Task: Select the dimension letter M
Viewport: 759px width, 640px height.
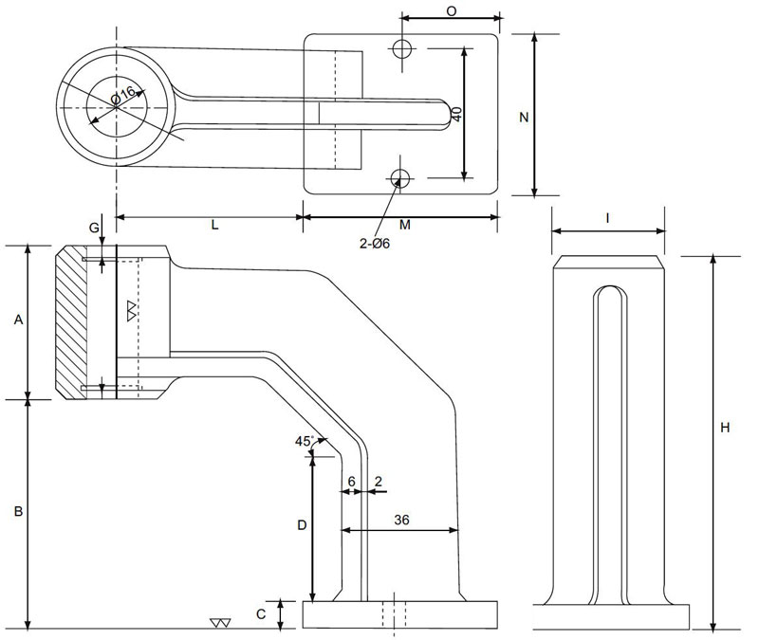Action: (404, 226)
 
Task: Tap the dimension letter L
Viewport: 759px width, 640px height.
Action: (214, 226)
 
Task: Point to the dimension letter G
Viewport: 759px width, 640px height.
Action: (93, 228)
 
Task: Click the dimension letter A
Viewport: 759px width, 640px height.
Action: (18, 321)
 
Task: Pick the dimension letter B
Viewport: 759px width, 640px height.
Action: (18, 512)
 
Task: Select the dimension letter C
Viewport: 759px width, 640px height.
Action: (261, 614)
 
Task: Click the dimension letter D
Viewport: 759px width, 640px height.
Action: (301, 524)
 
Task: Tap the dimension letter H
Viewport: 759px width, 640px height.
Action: (725, 429)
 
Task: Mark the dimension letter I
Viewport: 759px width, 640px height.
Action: (607, 219)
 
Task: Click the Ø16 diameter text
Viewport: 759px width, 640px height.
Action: (126, 97)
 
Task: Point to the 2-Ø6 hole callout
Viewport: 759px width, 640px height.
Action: (375, 244)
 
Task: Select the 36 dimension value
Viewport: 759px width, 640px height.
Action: (401, 520)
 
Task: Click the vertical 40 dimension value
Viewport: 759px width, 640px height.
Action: (456, 113)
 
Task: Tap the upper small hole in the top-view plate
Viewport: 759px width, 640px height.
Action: (402, 47)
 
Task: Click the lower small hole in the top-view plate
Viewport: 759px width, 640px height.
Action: (400, 176)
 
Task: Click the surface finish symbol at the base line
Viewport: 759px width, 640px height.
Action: (221, 623)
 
